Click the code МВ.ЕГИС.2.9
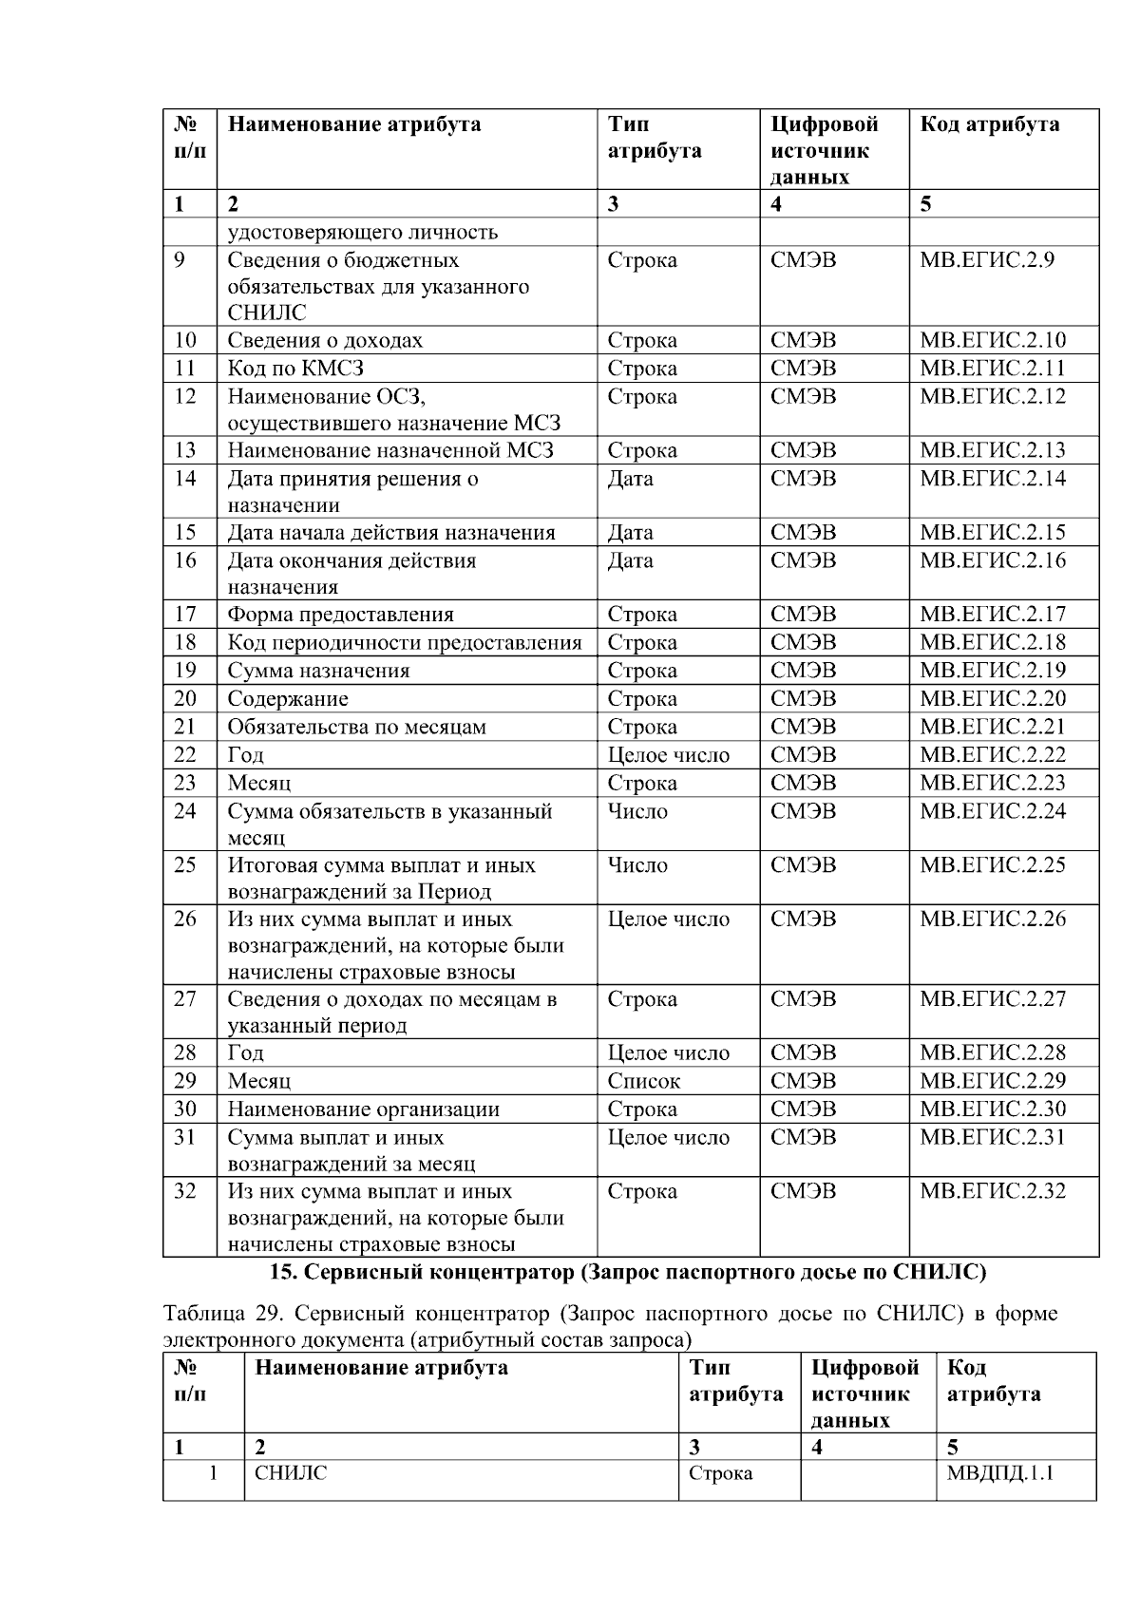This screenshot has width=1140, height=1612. coord(986,260)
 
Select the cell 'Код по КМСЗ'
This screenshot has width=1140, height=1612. coord(295,369)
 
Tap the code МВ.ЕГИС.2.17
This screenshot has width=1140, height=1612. coord(993,615)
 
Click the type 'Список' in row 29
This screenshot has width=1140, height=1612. coord(644,1081)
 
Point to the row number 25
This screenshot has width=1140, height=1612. coord(185,865)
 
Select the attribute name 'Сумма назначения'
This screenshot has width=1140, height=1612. coord(318,671)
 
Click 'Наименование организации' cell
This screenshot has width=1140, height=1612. coord(363,1109)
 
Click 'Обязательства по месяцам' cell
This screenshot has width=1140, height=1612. coord(356,727)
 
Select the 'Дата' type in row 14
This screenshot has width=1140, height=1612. coord(630,479)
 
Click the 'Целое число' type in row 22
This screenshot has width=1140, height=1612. coord(668,755)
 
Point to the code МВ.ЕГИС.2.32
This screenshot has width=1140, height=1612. coord(993,1191)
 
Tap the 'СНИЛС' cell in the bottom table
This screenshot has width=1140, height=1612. coord(290,1473)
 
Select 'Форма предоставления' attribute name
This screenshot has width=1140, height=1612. coord(340,615)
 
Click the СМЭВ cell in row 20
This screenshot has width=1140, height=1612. coord(803,699)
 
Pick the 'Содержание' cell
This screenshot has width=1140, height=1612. coord(287,699)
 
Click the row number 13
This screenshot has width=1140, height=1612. coord(185,450)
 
